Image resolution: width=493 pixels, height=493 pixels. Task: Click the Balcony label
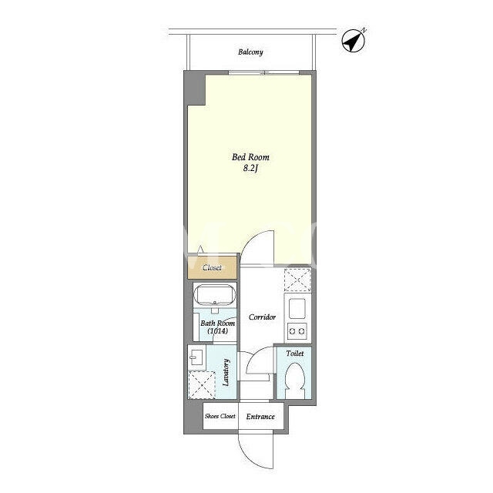click(250, 52)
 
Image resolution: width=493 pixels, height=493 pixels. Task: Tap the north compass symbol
click(354, 40)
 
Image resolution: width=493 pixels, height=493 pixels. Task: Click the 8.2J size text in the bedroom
click(250, 168)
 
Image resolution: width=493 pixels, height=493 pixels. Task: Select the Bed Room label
click(250, 157)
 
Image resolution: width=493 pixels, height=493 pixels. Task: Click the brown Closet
click(212, 267)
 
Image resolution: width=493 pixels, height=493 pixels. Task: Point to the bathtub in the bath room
click(214, 295)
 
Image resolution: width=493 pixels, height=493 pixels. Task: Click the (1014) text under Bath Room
click(217, 330)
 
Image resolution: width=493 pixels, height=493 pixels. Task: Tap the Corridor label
click(262, 317)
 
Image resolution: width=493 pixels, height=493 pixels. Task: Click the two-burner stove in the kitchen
click(297, 331)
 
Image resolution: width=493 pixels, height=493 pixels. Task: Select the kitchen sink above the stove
click(297, 308)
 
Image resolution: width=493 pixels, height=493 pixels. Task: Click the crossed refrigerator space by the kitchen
click(297, 280)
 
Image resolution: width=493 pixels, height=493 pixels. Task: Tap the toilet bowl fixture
click(294, 381)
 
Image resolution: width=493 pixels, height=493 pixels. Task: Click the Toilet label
click(295, 354)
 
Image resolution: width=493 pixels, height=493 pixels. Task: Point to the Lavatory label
click(226, 372)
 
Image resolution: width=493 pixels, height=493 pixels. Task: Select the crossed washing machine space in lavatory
click(202, 385)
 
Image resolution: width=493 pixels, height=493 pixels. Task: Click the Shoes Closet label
click(220, 416)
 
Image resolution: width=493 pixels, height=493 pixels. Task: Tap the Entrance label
click(260, 417)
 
